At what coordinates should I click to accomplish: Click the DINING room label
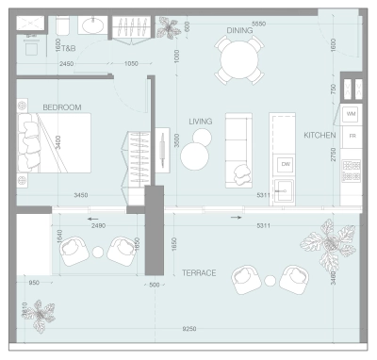(x=239, y=30)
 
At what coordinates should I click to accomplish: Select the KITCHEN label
(x=320, y=136)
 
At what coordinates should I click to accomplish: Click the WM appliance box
(x=351, y=114)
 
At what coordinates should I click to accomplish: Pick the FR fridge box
(x=352, y=137)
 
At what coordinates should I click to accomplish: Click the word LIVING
(x=200, y=121)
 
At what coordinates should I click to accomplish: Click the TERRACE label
(x=199, y=272)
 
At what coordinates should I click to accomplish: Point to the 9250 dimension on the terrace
(x=191, y=329)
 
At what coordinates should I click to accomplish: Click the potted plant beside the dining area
(x=171, y=28)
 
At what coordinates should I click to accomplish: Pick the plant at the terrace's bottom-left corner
(x=39, y=310)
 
